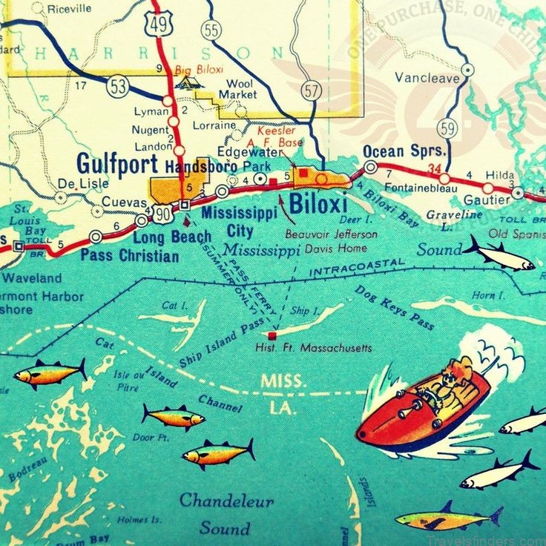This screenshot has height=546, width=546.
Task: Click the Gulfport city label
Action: pos(118,163)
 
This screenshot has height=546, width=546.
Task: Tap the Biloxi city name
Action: pos(318,203)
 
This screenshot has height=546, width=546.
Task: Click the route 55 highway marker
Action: pos(211,30)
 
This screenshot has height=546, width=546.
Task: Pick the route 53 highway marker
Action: pos(117,86)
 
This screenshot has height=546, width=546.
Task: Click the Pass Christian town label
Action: pos(129,256)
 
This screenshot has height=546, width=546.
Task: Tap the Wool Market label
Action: pos(240,89)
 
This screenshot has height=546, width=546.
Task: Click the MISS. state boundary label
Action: pos(282,381)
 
